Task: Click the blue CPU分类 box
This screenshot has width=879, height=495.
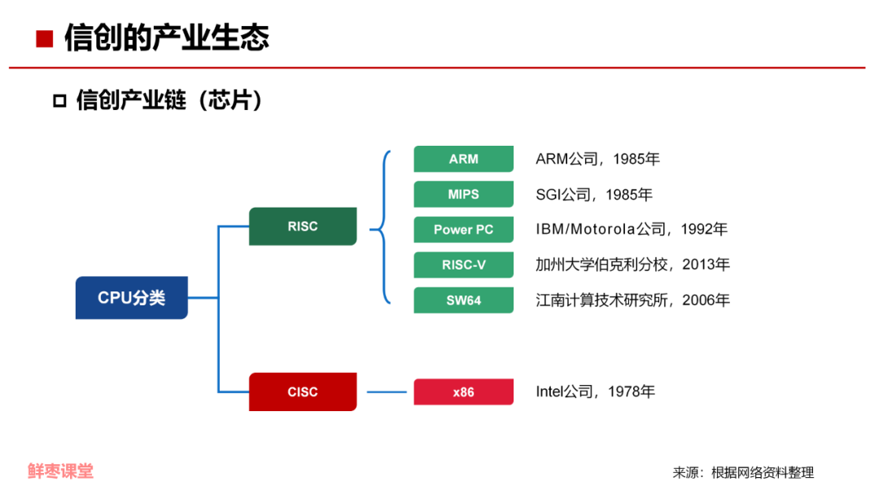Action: point(131,298)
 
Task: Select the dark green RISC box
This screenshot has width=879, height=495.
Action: point(302,226)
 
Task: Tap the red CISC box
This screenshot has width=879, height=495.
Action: point(302,392)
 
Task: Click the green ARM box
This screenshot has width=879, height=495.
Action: point(463,159)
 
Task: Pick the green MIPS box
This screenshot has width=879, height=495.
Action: point(463,195)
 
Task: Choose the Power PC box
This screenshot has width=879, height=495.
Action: point(463,230)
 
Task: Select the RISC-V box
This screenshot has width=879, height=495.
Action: point(463,265)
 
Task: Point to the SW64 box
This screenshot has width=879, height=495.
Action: point(463,300)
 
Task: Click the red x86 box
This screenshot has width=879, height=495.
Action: point(463,392)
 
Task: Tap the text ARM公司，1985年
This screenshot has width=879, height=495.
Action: point(597,159)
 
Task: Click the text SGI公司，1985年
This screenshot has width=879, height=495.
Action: point(594,195)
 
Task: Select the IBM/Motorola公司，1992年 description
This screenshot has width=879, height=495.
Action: point(631,230)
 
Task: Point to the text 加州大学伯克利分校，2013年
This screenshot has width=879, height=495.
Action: point(632,265)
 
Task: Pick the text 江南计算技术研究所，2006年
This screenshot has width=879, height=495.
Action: point(632,300)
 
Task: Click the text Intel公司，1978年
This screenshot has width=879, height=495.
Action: point(595,392)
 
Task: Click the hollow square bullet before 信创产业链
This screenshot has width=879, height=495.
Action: point(59,101)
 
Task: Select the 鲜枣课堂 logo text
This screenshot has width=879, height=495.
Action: point(60,471)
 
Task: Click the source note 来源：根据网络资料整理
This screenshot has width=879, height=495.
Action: point(742,472)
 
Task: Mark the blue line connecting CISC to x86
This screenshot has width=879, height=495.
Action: point(386,392)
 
